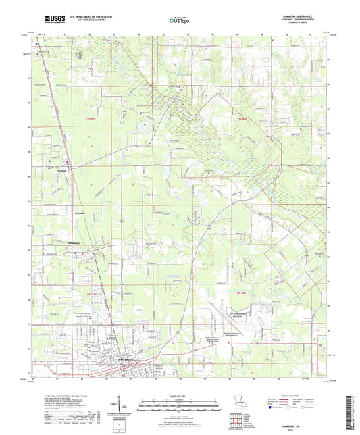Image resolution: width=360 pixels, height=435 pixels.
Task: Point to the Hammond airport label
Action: (240, 316)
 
